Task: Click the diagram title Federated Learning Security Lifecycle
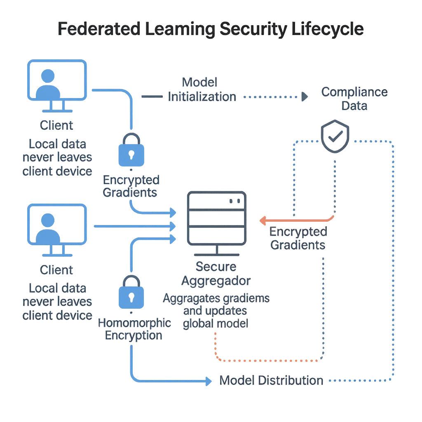[211, 29]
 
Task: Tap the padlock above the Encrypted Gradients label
[131, 150]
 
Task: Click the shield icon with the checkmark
[335, 137]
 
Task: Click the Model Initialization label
[202, 89]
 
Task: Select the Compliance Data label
[354, 99]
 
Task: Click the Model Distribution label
[271, 380]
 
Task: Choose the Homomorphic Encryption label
[134, 329]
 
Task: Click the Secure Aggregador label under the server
[216, 274]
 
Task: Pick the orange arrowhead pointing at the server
[261, 221]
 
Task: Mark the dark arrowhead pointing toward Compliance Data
[305, 97]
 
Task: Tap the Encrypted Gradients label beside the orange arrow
[298, 238]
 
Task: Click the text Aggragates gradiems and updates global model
[216, 311]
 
